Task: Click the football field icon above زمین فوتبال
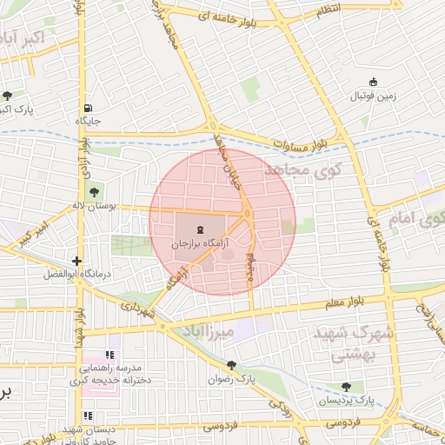coord(373,81)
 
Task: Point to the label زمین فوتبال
coord(373,96)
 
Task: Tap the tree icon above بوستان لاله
coord(94,190)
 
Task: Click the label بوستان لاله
coord(94,206)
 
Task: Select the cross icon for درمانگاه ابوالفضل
coord(78,260)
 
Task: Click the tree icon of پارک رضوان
coord(230,365)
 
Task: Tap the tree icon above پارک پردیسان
coord(346,386)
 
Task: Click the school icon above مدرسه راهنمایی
coord(110,355)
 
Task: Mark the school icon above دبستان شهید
coord(87,415)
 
